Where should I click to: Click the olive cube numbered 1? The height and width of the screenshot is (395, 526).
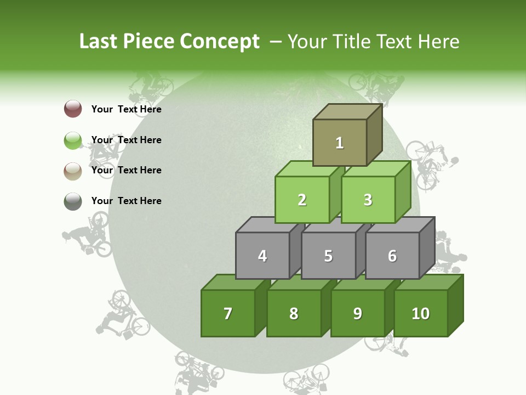pos(340,143)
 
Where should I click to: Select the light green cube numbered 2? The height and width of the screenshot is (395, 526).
pos(302,200)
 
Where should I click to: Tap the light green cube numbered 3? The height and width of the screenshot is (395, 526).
pos(368,200)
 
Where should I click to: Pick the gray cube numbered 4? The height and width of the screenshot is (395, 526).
pos(262,256)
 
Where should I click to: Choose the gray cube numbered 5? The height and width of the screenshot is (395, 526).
pos(328,256)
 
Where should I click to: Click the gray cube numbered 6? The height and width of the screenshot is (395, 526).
pos(392,256)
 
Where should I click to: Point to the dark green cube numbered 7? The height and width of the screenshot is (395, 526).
pos(228,313)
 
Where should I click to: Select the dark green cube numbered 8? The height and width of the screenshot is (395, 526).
pos(294,313)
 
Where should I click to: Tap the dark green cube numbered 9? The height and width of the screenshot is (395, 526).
pos(358,313)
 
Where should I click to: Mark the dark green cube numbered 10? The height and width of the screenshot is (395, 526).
pos(421,313)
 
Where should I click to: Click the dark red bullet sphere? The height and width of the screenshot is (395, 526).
pos(73,109)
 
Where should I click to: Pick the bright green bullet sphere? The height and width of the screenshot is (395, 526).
pos(73,140)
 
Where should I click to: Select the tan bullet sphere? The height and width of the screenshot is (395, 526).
pos(73,171)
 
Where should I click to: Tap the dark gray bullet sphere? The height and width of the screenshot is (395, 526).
pos(73,201)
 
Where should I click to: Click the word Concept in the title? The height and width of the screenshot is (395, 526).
pos(220,42)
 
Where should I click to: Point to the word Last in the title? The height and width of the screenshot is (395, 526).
pos(99,42)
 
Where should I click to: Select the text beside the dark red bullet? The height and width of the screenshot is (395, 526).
pos(127,109)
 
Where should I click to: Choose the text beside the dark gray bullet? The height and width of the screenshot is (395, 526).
pos(127,201)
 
